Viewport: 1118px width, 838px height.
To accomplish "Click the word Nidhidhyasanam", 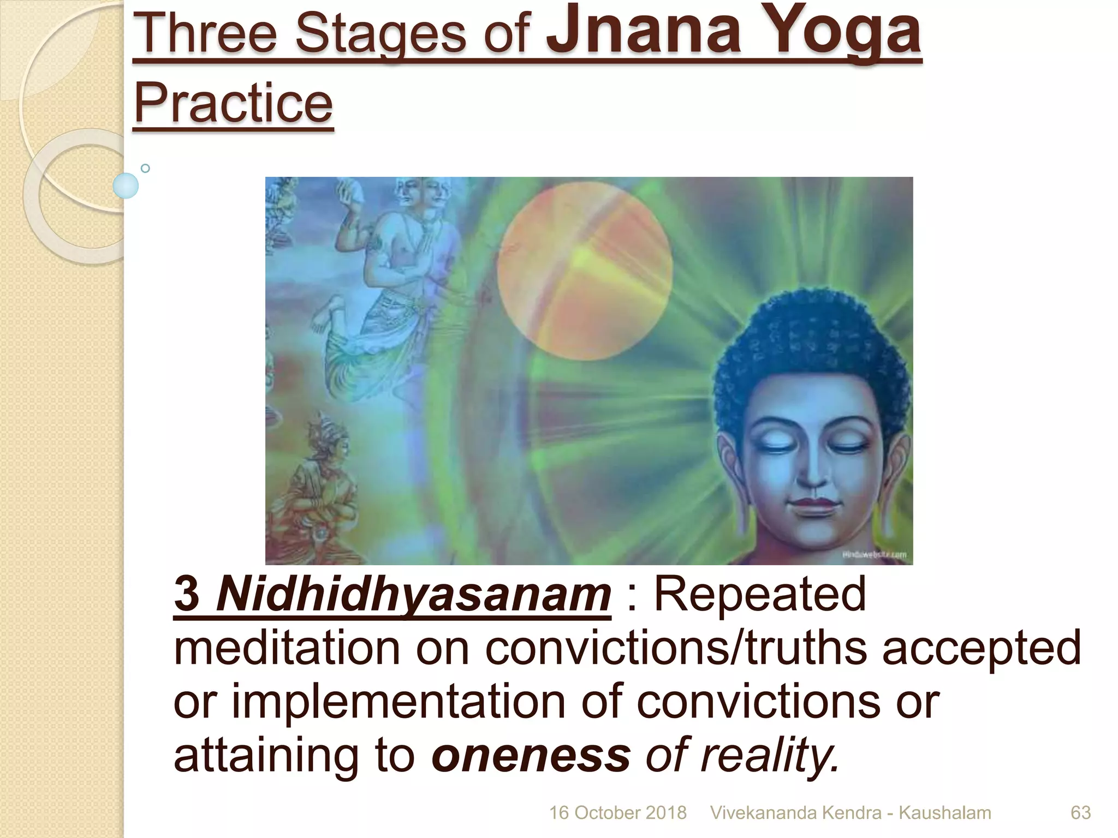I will point(413,595).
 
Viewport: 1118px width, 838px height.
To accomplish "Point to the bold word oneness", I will point(531,756).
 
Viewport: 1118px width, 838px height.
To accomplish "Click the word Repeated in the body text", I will point(759,595).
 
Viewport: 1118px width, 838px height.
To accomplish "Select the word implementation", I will point(399,702).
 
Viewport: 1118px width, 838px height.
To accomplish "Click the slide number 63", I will point(1080,813).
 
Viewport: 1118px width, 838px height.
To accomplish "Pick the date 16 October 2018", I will point(617,813).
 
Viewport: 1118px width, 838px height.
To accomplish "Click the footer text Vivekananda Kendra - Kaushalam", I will point(850,813).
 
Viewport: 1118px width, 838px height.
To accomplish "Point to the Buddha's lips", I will point(814,506).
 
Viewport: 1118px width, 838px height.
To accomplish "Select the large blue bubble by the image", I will point(126,185).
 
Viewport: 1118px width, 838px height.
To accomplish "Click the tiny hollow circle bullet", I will point(145,168).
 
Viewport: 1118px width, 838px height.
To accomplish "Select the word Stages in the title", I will point(380,34).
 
